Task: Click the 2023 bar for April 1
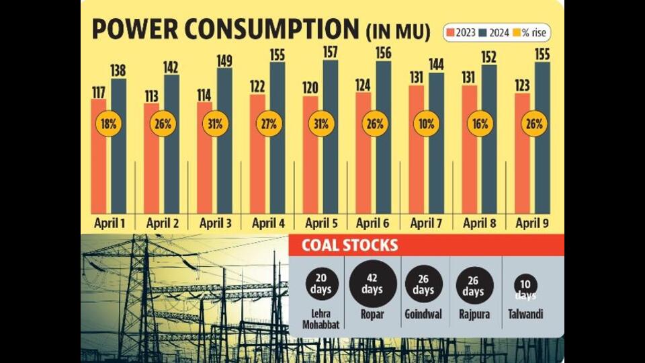[x=98, y=157]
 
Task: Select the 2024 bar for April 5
[x=331, y=137]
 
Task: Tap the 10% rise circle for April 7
[x=427, y=124]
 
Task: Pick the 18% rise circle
[x=109, y=124]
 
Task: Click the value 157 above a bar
[x=331, y=52]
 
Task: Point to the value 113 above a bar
[x=151, y=96]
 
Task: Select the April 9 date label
[x=532, y=223]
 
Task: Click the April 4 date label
[x=268, y=223]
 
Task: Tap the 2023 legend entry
[x=461, y=32]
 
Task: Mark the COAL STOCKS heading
[x=349, y=245]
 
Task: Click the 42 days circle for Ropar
[x=373, y=284]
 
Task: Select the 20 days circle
[x=322, y=284]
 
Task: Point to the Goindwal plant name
[x=423, y=315]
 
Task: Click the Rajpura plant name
[x=474, y=315]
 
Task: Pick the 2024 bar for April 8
[x=489, y=139]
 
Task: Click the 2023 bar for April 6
[x=363, y=153]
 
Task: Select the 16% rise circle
[x=480, y=124]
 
